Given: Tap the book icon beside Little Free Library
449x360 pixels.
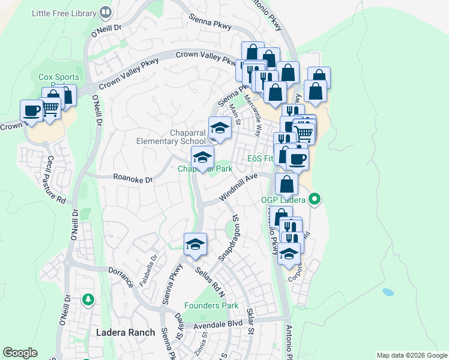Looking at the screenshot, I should click(106, 12).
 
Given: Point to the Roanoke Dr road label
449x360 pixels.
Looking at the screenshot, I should click(133, 178).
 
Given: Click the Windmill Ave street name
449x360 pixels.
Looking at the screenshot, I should click(238, 187).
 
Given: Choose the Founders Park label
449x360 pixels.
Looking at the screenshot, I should click(211, 305).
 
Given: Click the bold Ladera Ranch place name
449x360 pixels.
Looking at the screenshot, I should click(125, 332).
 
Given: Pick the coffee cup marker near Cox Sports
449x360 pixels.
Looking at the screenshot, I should click(31, 110).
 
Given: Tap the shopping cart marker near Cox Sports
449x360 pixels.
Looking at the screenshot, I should click(51, 107).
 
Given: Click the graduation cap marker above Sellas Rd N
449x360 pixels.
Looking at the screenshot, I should click(195, 244).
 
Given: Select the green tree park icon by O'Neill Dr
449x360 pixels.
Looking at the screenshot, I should click(88, 298).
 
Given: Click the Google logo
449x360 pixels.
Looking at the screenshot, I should click(20, 353).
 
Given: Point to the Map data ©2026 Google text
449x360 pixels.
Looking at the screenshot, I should click(411, 355).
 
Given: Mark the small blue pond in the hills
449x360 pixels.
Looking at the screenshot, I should click(388, 293).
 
